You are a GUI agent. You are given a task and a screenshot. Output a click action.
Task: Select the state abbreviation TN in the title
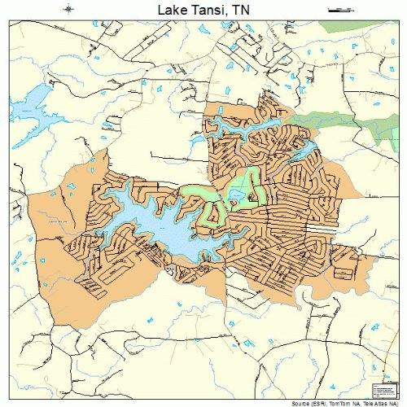click(x=239, y=10)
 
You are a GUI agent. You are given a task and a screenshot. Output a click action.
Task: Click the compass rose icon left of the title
click(x=68, y=9)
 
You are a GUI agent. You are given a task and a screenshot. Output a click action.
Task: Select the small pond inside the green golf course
click(x=237, y=194)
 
